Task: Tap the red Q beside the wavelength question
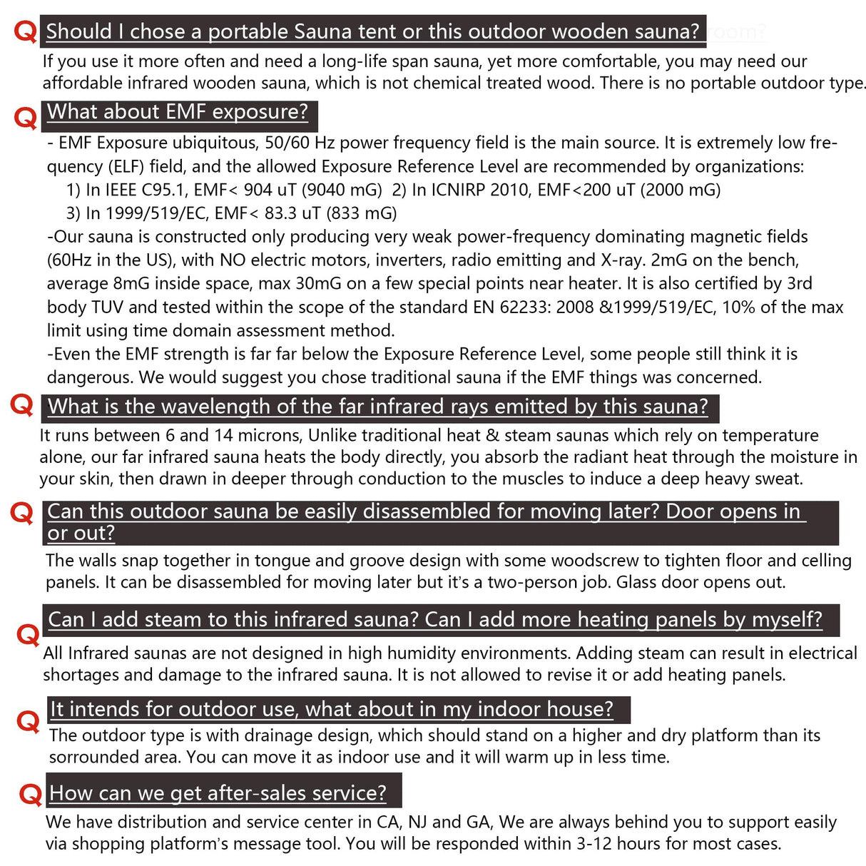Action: coord(22,405)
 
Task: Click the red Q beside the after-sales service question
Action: coord(31,793)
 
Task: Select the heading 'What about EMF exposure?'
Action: coord(178,112)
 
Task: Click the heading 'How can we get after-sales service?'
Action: coord(218,793)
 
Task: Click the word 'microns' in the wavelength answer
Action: coord(272,436)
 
